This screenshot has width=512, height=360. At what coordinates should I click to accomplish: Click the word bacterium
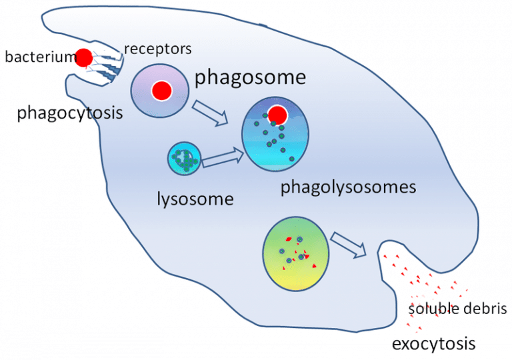coord(39,57)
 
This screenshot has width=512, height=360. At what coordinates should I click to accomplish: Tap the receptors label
coord(157,49)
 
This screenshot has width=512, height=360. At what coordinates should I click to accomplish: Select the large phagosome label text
coord(250,77)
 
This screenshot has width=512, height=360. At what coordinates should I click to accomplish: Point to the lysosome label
coord(195,198)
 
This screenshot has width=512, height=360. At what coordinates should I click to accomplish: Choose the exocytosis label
coord(433,344)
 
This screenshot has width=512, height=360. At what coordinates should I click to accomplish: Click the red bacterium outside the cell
coord(84,57)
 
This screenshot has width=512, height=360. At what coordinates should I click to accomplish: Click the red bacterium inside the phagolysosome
coord(277,115)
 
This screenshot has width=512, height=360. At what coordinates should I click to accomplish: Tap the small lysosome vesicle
coord(183,159)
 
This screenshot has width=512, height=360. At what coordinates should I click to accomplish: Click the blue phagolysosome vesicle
coord(275,136)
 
